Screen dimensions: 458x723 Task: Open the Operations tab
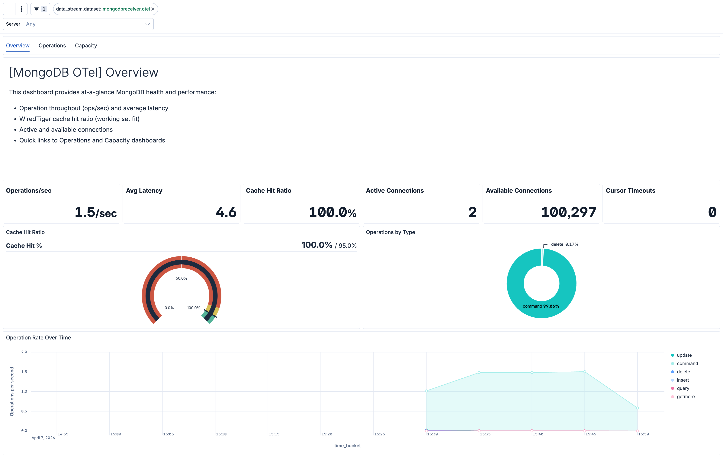click(52, 46)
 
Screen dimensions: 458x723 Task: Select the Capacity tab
click(86, 46)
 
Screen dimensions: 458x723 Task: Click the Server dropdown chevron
click(147, 24)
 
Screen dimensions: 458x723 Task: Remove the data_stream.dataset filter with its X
click(153, 9)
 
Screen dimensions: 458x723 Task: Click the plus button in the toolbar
click(9, 9)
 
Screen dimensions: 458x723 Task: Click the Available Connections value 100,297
click(568, 212)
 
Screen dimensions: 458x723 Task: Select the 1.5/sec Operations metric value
click(95, 212)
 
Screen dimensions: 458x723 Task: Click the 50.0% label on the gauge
click(181, 278)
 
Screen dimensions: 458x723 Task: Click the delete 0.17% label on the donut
click(564, 244)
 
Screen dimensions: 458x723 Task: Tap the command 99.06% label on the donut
click(541, 306)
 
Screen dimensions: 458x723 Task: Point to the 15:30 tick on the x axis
click(432, 434)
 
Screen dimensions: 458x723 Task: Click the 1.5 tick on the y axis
click(24, 372)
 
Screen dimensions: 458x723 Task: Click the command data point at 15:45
click(585, 372)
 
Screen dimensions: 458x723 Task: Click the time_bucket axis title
click(347, 446)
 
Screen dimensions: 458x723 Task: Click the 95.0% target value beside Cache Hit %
click(347, 246)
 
